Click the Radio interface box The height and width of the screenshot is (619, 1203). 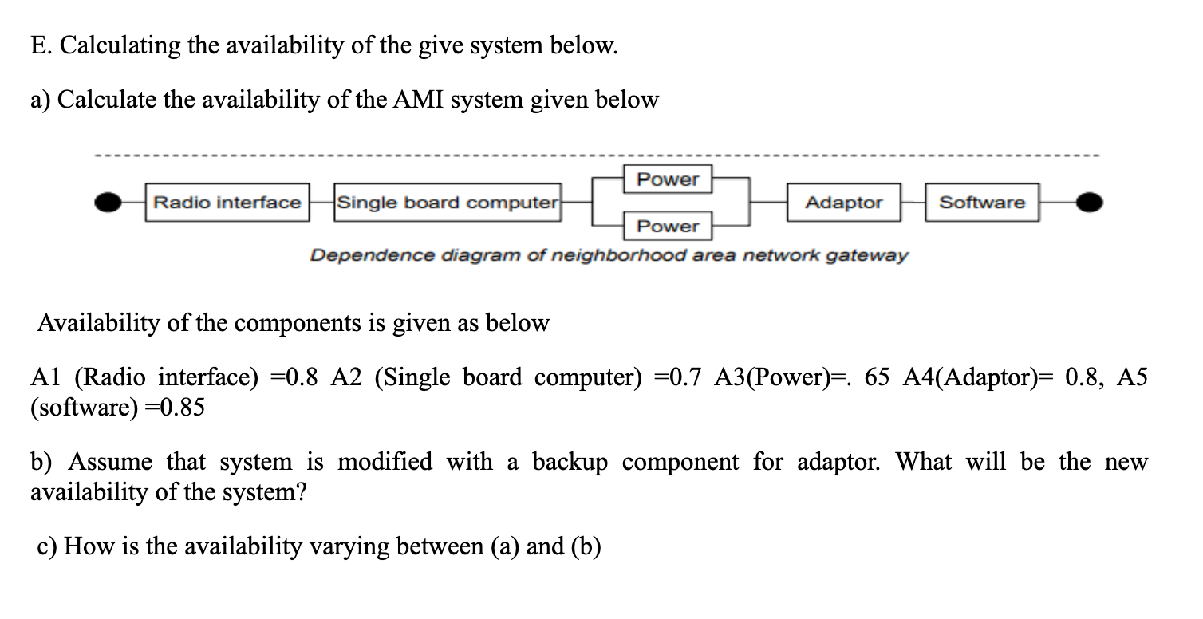[x=227, y=203]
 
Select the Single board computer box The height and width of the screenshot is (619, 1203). [x=448, y=203]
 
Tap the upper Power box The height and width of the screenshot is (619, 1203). [x=667, y=179]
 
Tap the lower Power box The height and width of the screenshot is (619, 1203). [x=667, y=227]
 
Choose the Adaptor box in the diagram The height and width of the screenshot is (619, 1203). [x=844, y=203]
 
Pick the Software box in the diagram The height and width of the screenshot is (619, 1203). [x=982, y=203]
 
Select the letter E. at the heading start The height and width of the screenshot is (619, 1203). [x=41, y=46]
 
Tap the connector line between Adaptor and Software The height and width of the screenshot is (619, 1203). [x=914, y=203]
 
